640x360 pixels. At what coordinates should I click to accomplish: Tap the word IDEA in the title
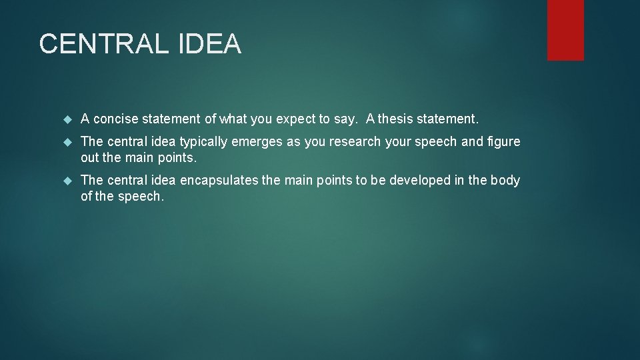click(209, 44)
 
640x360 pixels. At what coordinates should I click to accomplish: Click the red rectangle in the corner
click(565, 30)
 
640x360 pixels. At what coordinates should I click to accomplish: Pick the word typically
click(204, 142)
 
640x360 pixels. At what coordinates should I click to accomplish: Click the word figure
click(503, 142)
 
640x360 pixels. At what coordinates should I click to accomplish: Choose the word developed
click(422, 181)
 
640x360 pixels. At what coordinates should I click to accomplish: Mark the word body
click(505, 181)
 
